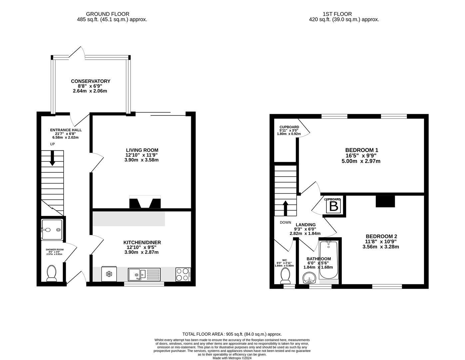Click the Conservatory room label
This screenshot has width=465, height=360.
click(91, 81)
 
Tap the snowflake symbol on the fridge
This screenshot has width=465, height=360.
click(109, 274)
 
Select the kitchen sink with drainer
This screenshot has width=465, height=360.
click(144, 275)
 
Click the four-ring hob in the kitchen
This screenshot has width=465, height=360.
click(183, 274)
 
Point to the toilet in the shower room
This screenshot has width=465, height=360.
click(51, 273)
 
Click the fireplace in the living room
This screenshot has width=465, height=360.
click(145, 202)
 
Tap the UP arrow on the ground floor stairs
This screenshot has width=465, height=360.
click(52, 158)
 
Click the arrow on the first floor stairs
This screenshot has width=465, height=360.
click(285, 208)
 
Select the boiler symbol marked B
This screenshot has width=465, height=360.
click(333, 206)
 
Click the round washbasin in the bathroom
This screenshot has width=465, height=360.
click(309, 278)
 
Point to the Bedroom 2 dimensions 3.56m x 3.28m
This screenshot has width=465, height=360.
click(381, 247)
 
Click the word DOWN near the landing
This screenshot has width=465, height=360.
click(285, 223)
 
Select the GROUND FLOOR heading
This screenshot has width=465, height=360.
click(108, 14)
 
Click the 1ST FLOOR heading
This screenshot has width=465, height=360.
click(337, 14)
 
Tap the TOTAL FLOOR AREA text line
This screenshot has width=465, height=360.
click(232, 334)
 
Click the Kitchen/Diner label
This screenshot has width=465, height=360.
click(142, 242)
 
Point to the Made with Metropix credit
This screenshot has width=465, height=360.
click(232, 358)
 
